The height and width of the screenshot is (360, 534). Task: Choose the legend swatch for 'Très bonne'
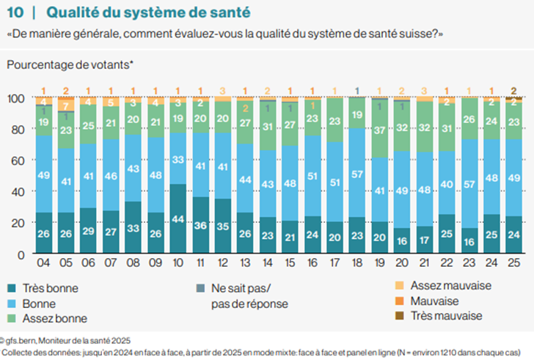click(13, 288)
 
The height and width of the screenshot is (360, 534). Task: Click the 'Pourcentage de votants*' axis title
click(70, 65)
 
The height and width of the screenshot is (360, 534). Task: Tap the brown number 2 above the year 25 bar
click(514, 90)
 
